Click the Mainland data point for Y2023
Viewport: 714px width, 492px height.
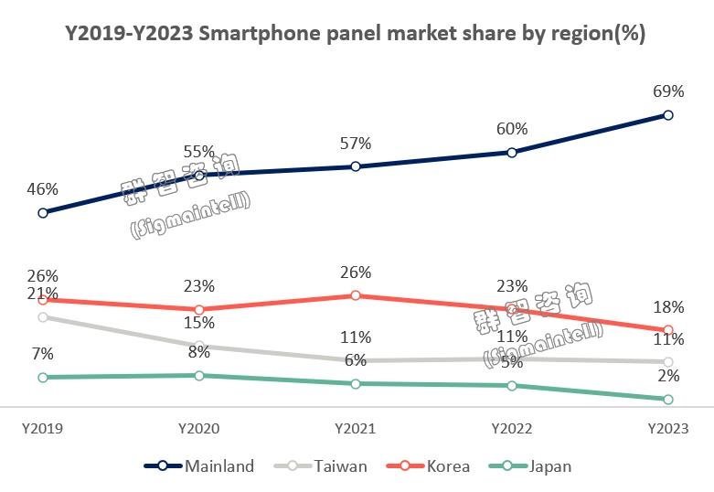point(668,115)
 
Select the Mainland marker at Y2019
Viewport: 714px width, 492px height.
point(43,213)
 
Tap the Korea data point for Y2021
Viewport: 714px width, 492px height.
point(355,295)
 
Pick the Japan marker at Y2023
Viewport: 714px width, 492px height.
point(668,400)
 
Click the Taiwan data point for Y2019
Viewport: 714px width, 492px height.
point(43,317)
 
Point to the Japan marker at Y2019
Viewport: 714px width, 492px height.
point(43,377)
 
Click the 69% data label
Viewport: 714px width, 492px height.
point(668,91)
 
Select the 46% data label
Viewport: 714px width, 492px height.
point(43,189)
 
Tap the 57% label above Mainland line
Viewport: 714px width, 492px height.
point(355,144)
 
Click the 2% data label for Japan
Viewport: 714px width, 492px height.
point(668,376)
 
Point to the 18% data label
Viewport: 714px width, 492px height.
point(668,306)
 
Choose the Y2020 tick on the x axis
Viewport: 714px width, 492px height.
point(198,428)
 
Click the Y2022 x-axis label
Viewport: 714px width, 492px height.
point(511,428)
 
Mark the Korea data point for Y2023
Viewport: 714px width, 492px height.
point(668,330)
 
